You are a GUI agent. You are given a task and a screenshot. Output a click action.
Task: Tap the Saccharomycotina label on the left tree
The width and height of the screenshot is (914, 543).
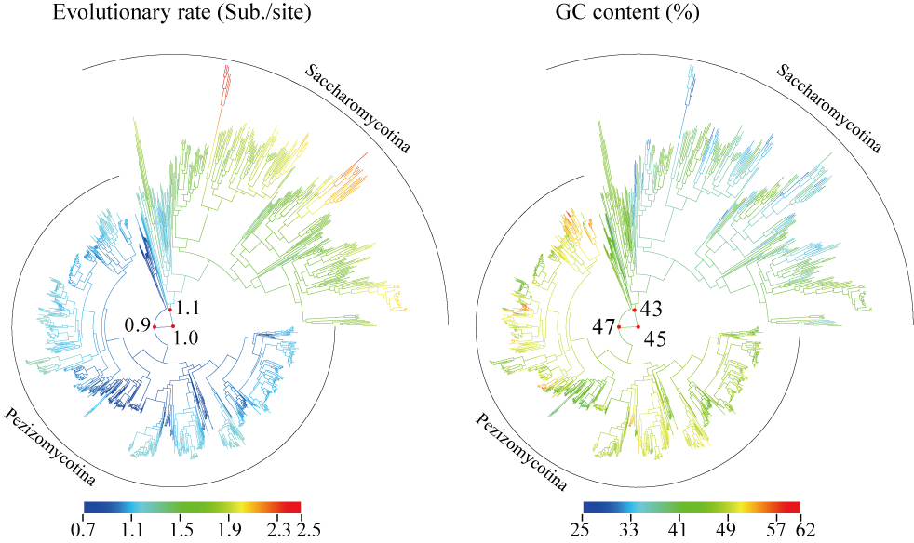(x=357, y=110)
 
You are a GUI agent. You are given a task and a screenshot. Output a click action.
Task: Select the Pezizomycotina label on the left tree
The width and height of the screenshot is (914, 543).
(x=50, y=447)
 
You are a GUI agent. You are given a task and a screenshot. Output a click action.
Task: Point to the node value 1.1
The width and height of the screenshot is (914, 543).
(x=188, y=306)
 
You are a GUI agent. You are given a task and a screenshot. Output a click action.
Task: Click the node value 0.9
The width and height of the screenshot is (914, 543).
(x=138, y=325)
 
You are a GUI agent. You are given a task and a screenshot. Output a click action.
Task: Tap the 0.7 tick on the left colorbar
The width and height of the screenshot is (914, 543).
(x=84, y=530)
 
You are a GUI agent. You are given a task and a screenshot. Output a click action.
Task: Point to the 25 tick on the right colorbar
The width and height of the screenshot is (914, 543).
(x=585, y=530)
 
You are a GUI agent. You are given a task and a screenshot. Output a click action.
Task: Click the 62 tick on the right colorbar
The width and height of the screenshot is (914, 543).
(x=800, y=530)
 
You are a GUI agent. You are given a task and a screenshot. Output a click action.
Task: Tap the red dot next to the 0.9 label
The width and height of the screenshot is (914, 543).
(x=155, y=326)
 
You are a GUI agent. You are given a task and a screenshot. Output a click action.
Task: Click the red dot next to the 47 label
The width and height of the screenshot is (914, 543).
(x=618, y=326)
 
